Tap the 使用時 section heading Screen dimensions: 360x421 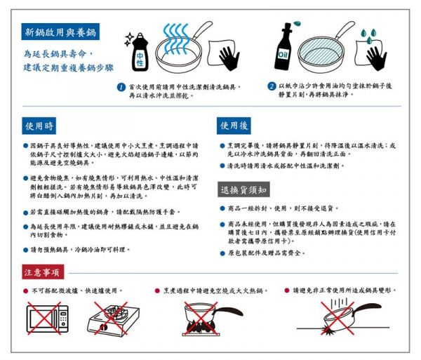(x=39, y=126)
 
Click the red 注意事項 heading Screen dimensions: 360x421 (x=41, y=271)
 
